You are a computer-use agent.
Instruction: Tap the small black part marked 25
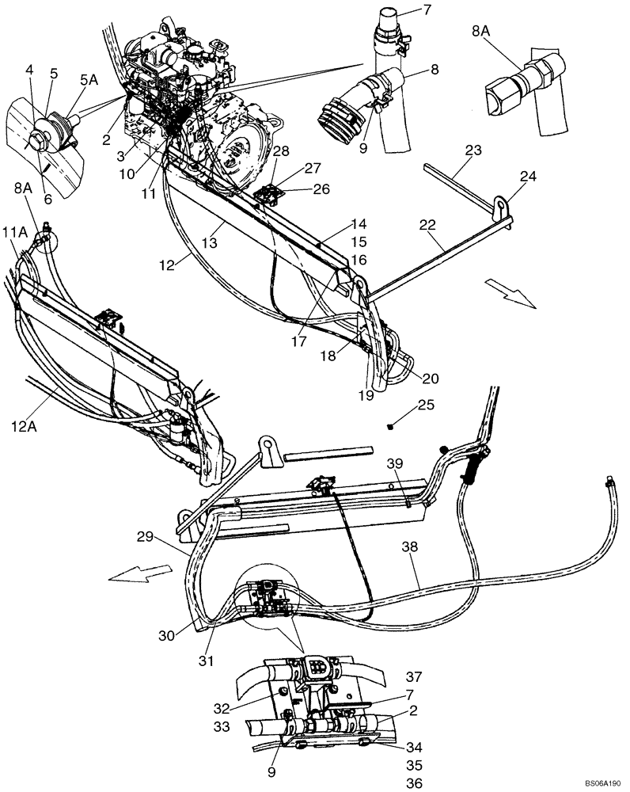tap(392, 428)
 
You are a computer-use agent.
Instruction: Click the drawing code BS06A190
tap(602, 782)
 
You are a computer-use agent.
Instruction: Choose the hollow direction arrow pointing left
tap(140, 571)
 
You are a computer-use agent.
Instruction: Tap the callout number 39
tap(396, 463)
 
